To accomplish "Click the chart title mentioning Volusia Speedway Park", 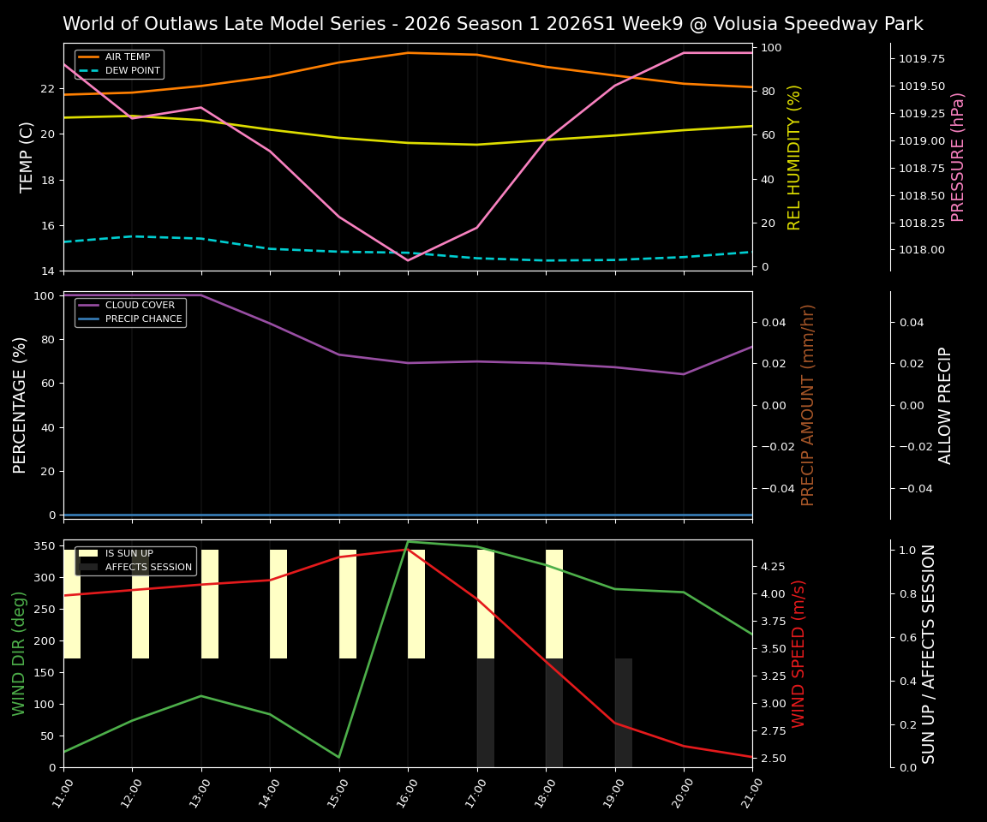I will coord(493,24).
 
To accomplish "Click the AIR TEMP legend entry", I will coord(127,57).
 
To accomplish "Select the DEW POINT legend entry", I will coord(132,71).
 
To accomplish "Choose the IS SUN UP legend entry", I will coord(129,554).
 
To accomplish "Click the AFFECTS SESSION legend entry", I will coord(147,567).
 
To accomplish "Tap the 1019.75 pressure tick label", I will coord(922,59).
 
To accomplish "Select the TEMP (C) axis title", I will coord(27,157).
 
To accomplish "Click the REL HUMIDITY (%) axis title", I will coord(794,157).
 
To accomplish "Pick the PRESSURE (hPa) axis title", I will coord(958,157).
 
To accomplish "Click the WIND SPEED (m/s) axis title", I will coord(799,653).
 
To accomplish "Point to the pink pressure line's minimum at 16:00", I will coord(408,259).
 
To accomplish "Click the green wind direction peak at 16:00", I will coord(408,542).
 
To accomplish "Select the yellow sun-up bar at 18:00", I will coord(554,604).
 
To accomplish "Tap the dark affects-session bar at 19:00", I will coord(624,712).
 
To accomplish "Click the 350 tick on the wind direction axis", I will coord(48,546).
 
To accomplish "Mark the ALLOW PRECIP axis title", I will coord(945,405).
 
